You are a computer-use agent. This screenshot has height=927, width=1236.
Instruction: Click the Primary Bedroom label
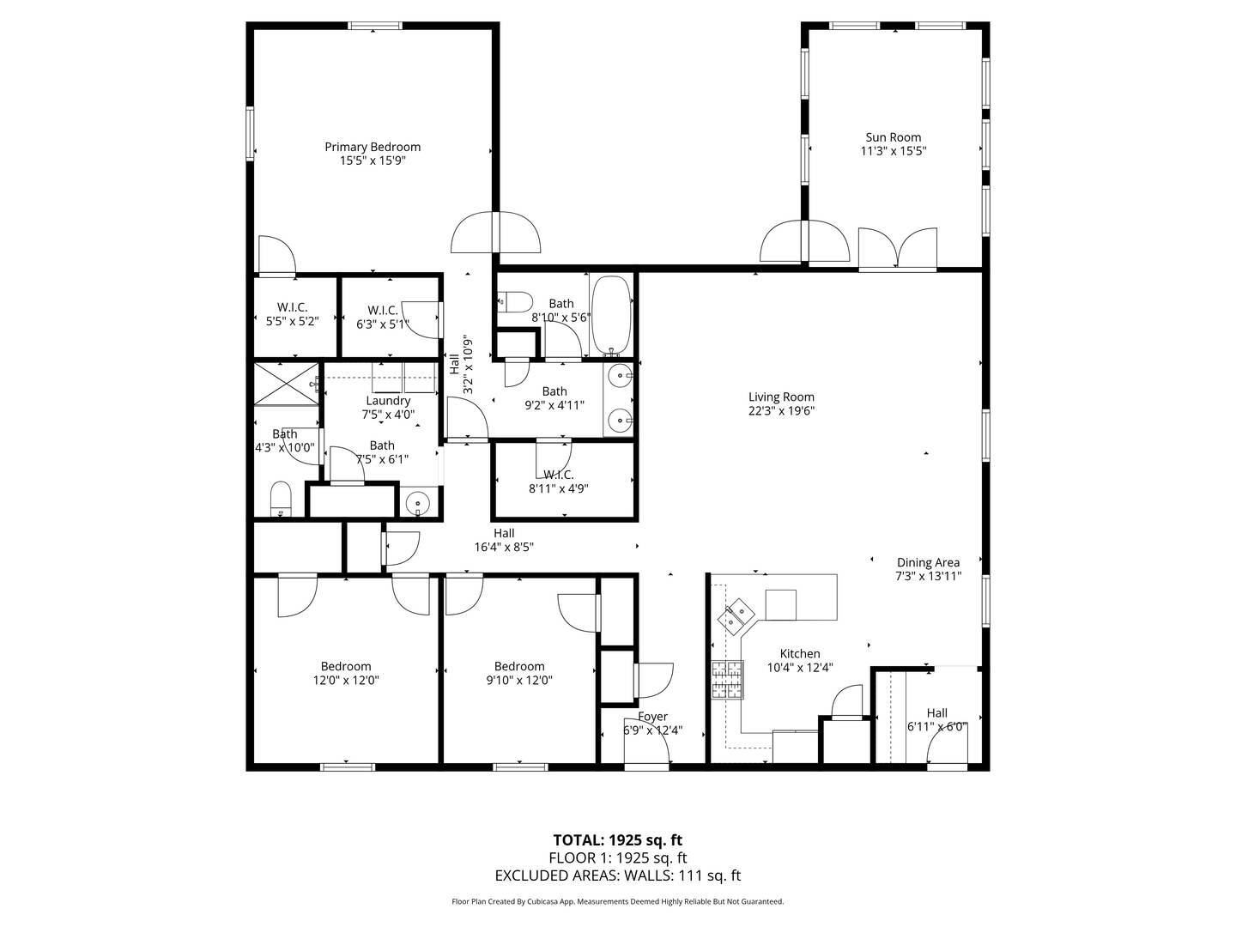(x=373, y=147)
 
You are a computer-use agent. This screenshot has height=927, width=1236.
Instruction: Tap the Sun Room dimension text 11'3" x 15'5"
(x=893, y=151)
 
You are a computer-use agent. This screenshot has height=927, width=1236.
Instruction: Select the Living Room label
(x=781, y=397)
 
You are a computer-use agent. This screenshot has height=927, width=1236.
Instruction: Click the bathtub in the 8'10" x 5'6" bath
(x=610, y=314)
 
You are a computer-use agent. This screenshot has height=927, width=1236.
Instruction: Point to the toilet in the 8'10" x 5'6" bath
(x=516, y=301)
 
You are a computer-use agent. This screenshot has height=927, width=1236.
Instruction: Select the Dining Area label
(x=928, y=563)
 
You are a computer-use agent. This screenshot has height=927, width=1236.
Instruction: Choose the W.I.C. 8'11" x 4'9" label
(x=558, y=475)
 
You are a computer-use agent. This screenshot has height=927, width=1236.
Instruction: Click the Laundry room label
(x=388, y=401)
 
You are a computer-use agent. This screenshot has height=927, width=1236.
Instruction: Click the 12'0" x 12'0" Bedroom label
(x=346, y=666)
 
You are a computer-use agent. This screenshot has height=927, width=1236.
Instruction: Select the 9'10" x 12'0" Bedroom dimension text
(x=519, y=680)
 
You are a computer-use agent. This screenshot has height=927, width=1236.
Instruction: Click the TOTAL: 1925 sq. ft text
(x=617, y=839)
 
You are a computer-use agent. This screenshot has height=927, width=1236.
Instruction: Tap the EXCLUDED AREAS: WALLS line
(x=617, y=875)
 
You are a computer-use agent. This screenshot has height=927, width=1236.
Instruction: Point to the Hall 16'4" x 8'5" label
(x=504, y=533)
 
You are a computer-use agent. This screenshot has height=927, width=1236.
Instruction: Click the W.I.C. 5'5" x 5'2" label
(x=293, y=307)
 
